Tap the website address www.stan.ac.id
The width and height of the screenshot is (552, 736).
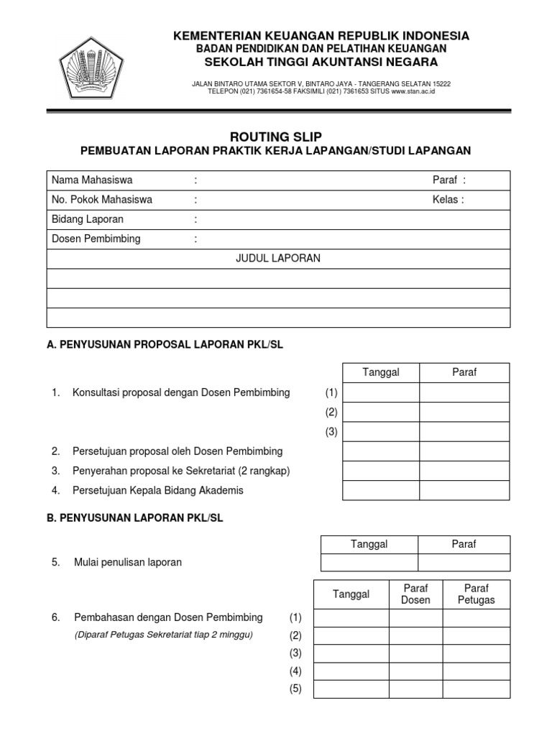pyautogui.click(x=413, y=91)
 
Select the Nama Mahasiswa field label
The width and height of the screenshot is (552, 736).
pyautogui.click(x=91, y=180)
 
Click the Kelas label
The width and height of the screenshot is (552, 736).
pyautogui.click(x=448, y=200)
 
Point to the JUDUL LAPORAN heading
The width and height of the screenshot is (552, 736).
pyautogui.click(x=278, y=259)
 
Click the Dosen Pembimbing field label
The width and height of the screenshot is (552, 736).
pyautogui.click(x=96, y=239)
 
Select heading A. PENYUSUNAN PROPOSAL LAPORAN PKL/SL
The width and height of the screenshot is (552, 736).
pyautogui.click(x=165, y=344)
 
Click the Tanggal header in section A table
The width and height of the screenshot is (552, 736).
pyautogui.click(x=381, y=372)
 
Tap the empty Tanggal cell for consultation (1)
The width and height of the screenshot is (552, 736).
pyautogui.click(x=381, y=393)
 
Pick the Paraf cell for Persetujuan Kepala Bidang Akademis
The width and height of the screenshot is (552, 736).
pyautogui.click(x=464, y=490)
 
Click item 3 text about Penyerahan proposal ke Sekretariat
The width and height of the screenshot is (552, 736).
pyautogui.click(x=180, y=471)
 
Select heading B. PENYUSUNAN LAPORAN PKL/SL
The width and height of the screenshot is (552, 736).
pyautogui.click(x=135, y=518)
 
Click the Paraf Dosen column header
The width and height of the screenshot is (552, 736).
pyautogui.click(x=415, y=594)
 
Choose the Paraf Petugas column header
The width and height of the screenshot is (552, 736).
pyautogui.click(x=476, y=594)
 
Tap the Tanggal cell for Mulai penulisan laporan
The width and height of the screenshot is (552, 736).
pyautogui.click(x=369, y=562)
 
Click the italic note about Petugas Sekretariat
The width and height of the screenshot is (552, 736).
pyautogui.click(x=164, y=635)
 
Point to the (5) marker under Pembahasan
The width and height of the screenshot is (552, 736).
pyautogui.click(x=295, y=689)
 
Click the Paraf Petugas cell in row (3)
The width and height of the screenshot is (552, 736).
pyautogui.click(x=476, y=653)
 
